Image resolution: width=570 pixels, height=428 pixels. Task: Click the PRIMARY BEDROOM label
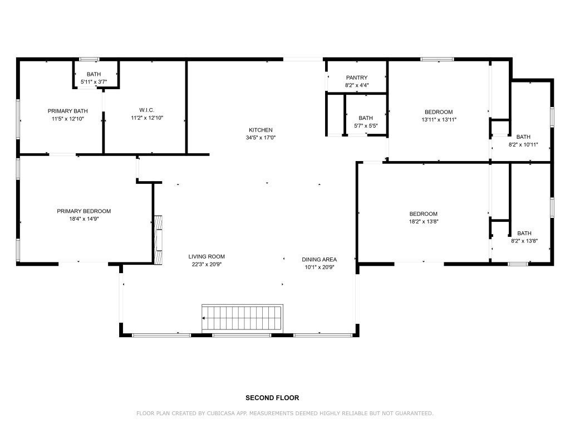click(x=83, y=211)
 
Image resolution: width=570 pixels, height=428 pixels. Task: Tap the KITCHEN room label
click(x=261, y=130)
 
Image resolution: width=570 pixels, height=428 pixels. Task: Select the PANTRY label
click(x=357, y=77)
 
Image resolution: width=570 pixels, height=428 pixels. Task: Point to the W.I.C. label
click(x=147, y=110)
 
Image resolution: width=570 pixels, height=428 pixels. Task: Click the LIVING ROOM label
click(x=207, y=256)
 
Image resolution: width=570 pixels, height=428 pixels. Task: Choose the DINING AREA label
click(x=319, y=260)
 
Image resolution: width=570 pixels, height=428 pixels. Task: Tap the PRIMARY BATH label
click(x=67, y=111)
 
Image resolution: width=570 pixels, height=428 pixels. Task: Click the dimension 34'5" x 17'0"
click(x=261, y=138)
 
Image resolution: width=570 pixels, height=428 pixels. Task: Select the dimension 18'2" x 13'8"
click(x=424, y=221)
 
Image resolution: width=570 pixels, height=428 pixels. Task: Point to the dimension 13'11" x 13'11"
click(x=439, y=119)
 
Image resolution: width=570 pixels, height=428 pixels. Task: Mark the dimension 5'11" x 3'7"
click(x=94, y=82)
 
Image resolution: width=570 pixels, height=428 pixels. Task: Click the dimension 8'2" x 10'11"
click(x=523, y=144)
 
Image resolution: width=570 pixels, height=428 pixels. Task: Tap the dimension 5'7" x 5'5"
click(x=366, y=125)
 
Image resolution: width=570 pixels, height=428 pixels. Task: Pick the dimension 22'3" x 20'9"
click(x=207, y=264)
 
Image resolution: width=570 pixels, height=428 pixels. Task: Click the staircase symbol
click(x=242, y=318)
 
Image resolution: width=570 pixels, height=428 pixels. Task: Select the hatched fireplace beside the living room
click(x=158, y=240)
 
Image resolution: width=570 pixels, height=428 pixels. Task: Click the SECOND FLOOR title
click(x=272, y=398)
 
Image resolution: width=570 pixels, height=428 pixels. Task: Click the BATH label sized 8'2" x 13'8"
click(x=524, y=234)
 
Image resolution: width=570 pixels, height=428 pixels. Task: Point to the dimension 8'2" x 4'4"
click(x=357, y=85)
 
